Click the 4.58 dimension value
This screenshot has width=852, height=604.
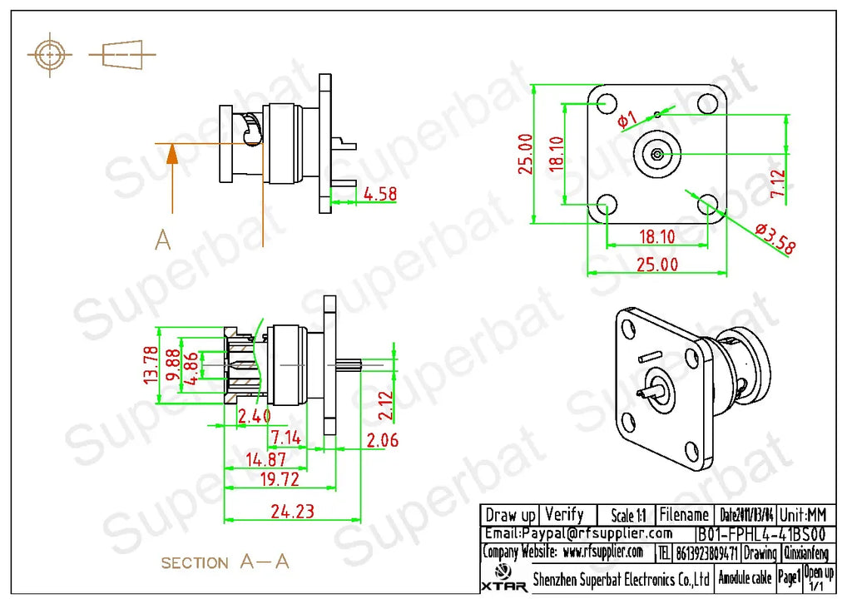click(x=380, y=194)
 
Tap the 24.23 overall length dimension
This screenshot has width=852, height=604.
click(x=293, y=511)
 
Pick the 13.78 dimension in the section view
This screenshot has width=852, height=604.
click(x=151, y=364)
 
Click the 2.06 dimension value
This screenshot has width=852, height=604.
click(x=383, y=440)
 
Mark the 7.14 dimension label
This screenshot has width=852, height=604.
click(x=285, y=438)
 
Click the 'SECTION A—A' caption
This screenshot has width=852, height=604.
click(x=225, y=562)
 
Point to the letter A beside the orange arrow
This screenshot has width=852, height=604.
click(x=163, y=240)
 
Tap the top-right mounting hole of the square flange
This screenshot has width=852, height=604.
click(x=707, y=104)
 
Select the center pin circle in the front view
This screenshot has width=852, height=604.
click(x=657, y=154)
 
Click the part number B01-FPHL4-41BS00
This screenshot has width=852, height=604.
click(x=760, y=534)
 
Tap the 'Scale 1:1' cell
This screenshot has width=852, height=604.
click(x=628, y=516)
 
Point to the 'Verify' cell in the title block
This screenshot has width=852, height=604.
click(x=564, y=515)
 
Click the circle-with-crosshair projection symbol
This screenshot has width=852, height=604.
click(x=50, y=56)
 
